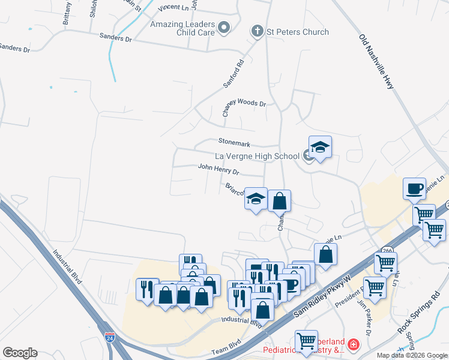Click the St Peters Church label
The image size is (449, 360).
[298, 32]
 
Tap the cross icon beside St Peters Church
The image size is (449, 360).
[258, 31]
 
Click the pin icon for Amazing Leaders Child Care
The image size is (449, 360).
[224, 27]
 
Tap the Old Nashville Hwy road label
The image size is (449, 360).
[376, 62]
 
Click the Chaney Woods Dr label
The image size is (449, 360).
[244, 103]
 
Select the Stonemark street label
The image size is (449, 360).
[234, 143]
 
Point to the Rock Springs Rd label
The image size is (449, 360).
[418, 316]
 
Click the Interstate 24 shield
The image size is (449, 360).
[109, 339]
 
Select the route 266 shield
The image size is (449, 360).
[387, 250]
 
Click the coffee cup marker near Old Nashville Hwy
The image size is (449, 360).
[414, 188]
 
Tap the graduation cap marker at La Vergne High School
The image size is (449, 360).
[320, 148]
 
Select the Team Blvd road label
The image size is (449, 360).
[226, 352]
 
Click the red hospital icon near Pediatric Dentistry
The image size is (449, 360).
[353, 345]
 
